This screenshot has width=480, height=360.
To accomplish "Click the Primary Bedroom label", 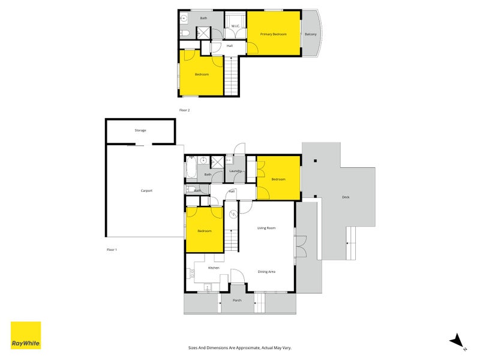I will tap(273, 34).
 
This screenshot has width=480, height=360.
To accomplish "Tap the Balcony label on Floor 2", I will tap(310, 34).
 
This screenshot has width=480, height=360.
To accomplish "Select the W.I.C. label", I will tap(235, 26).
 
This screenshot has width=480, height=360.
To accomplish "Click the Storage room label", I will tap(140, 130).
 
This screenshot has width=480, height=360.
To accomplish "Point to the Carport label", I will tap(146, 191).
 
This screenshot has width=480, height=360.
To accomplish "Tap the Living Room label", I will tap(266, 228).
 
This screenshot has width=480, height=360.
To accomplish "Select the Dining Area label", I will tap(266, 272).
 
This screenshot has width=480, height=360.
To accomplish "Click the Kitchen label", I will tap(214, 268).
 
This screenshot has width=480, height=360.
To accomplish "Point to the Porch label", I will tap(237, 300).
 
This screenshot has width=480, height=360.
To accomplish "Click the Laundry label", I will tap(235, 171).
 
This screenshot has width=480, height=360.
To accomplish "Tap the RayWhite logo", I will tap(26, 335).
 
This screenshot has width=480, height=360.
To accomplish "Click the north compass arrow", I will tap(457, 340).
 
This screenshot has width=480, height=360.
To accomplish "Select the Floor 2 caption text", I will tap(184, 110).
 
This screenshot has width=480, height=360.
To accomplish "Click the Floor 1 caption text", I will tap(111, 250).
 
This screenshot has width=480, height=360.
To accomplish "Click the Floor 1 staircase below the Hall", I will tap(232, 240).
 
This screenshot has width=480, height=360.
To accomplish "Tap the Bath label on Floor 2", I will tap(203, 18).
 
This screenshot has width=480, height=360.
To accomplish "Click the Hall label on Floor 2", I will tap(229, 46).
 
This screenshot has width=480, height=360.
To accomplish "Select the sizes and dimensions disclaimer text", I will tap(239, 347).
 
